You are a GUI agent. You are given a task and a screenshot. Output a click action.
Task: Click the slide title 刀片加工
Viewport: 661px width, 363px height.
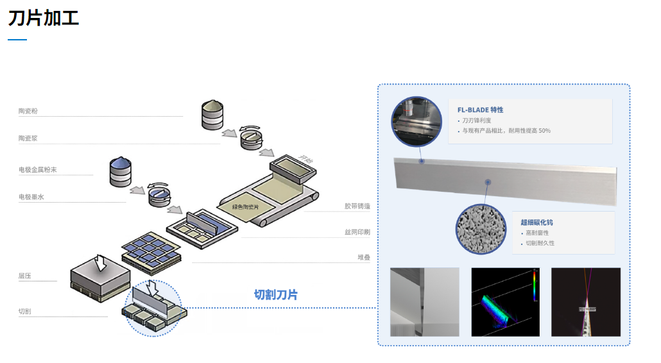[x=44, y=18]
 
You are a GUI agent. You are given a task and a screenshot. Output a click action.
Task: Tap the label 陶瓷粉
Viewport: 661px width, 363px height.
[x=28, y=111]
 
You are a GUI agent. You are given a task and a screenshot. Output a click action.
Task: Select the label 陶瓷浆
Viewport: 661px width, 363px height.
[x=28, y=138]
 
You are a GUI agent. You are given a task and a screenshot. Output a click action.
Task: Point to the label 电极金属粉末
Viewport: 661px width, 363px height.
[x=38, y=170]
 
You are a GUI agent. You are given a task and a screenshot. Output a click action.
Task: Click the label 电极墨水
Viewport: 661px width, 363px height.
[x=31, y=197]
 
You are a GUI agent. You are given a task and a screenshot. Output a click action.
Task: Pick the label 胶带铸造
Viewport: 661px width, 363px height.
[x=357, y=206]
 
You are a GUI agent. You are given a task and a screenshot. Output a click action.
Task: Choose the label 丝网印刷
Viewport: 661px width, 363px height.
[x=357, y=232]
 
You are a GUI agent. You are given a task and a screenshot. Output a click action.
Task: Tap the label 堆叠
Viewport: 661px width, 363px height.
[x=364, y=257]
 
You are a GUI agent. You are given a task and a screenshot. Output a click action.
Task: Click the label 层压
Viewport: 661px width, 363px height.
[x=25, y=276]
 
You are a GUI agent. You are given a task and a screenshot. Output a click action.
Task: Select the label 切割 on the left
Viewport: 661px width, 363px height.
[x=25, y=311]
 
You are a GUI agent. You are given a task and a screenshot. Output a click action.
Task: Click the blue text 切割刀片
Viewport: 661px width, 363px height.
[x=276, y=294]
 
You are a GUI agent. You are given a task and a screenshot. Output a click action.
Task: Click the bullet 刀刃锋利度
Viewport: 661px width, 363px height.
[x=477, y=120]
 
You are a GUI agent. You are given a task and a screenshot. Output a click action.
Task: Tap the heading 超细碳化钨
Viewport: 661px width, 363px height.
[x=537, y=222]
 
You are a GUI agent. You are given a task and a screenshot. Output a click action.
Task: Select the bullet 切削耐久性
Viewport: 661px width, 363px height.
[x=540, y=243]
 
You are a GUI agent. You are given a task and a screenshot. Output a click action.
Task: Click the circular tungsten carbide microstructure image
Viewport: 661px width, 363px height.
[x=481, y=230]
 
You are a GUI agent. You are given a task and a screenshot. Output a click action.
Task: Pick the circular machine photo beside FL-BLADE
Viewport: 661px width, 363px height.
[x=416, y=122]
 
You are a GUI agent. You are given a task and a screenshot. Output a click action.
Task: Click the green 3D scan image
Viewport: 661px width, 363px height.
[x=505, y=301]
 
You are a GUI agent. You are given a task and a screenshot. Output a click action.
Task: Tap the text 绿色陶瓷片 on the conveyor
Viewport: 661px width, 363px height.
[x=245, y=207]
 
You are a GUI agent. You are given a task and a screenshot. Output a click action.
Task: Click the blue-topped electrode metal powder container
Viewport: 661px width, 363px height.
[x=121, y=171]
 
